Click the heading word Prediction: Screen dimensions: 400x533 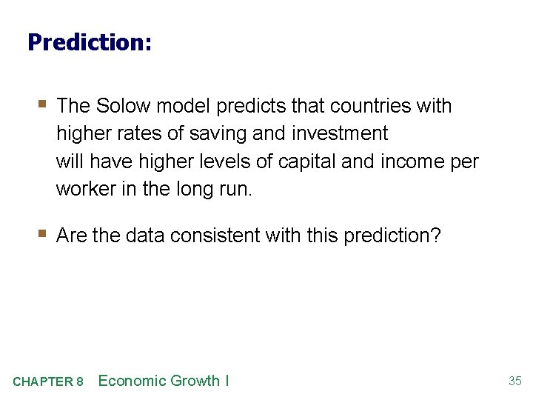(90, 42)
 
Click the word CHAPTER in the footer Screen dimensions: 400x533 (42, 382)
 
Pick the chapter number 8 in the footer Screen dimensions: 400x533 (79, 382)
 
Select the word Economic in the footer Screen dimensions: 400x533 (132, 381)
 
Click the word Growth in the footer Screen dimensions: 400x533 (195, 381)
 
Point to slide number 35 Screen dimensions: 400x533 (515, 381)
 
